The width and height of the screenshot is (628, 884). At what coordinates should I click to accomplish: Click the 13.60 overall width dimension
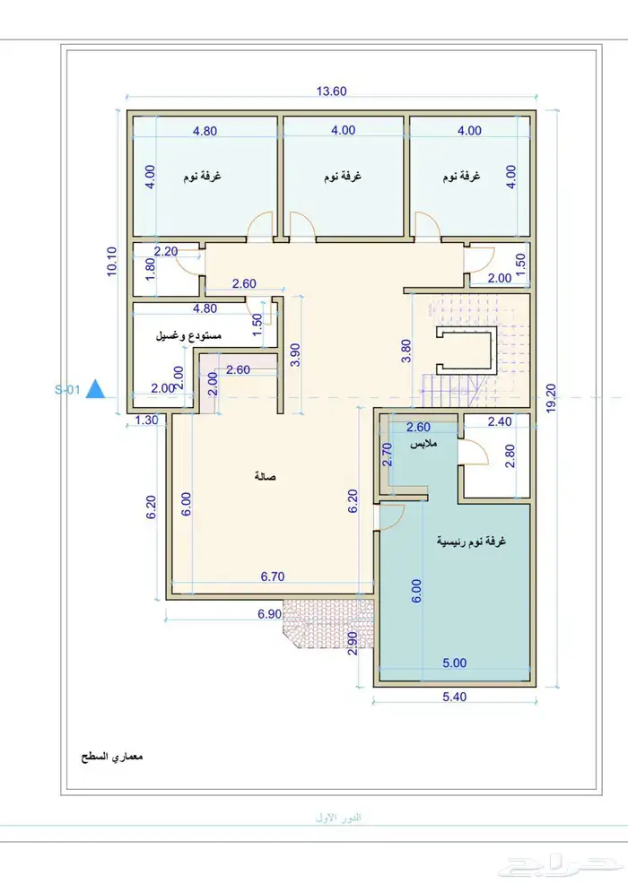click(x=331, y=90)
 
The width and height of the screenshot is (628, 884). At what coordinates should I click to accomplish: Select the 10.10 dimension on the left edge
click(x=110, y=263)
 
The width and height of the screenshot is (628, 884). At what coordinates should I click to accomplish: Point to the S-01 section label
click(x=68, y=390)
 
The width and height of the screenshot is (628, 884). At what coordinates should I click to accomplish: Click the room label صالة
click(x=265, y=477)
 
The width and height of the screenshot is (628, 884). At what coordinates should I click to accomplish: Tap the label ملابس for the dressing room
click(x=423, y=444)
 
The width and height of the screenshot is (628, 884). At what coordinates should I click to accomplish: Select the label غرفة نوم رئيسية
click(x=470, y=542)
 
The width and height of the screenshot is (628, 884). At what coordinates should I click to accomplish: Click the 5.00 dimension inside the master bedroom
click(x=455, y=663)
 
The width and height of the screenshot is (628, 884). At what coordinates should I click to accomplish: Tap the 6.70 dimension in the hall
click(x=273, y=575)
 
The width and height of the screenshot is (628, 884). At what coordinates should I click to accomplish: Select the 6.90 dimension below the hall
click(x=270, y=614)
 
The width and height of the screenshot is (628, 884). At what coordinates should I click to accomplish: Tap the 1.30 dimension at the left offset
click(x=147, y=420)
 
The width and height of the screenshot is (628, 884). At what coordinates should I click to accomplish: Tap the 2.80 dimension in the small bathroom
click(x=510, y=455)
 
